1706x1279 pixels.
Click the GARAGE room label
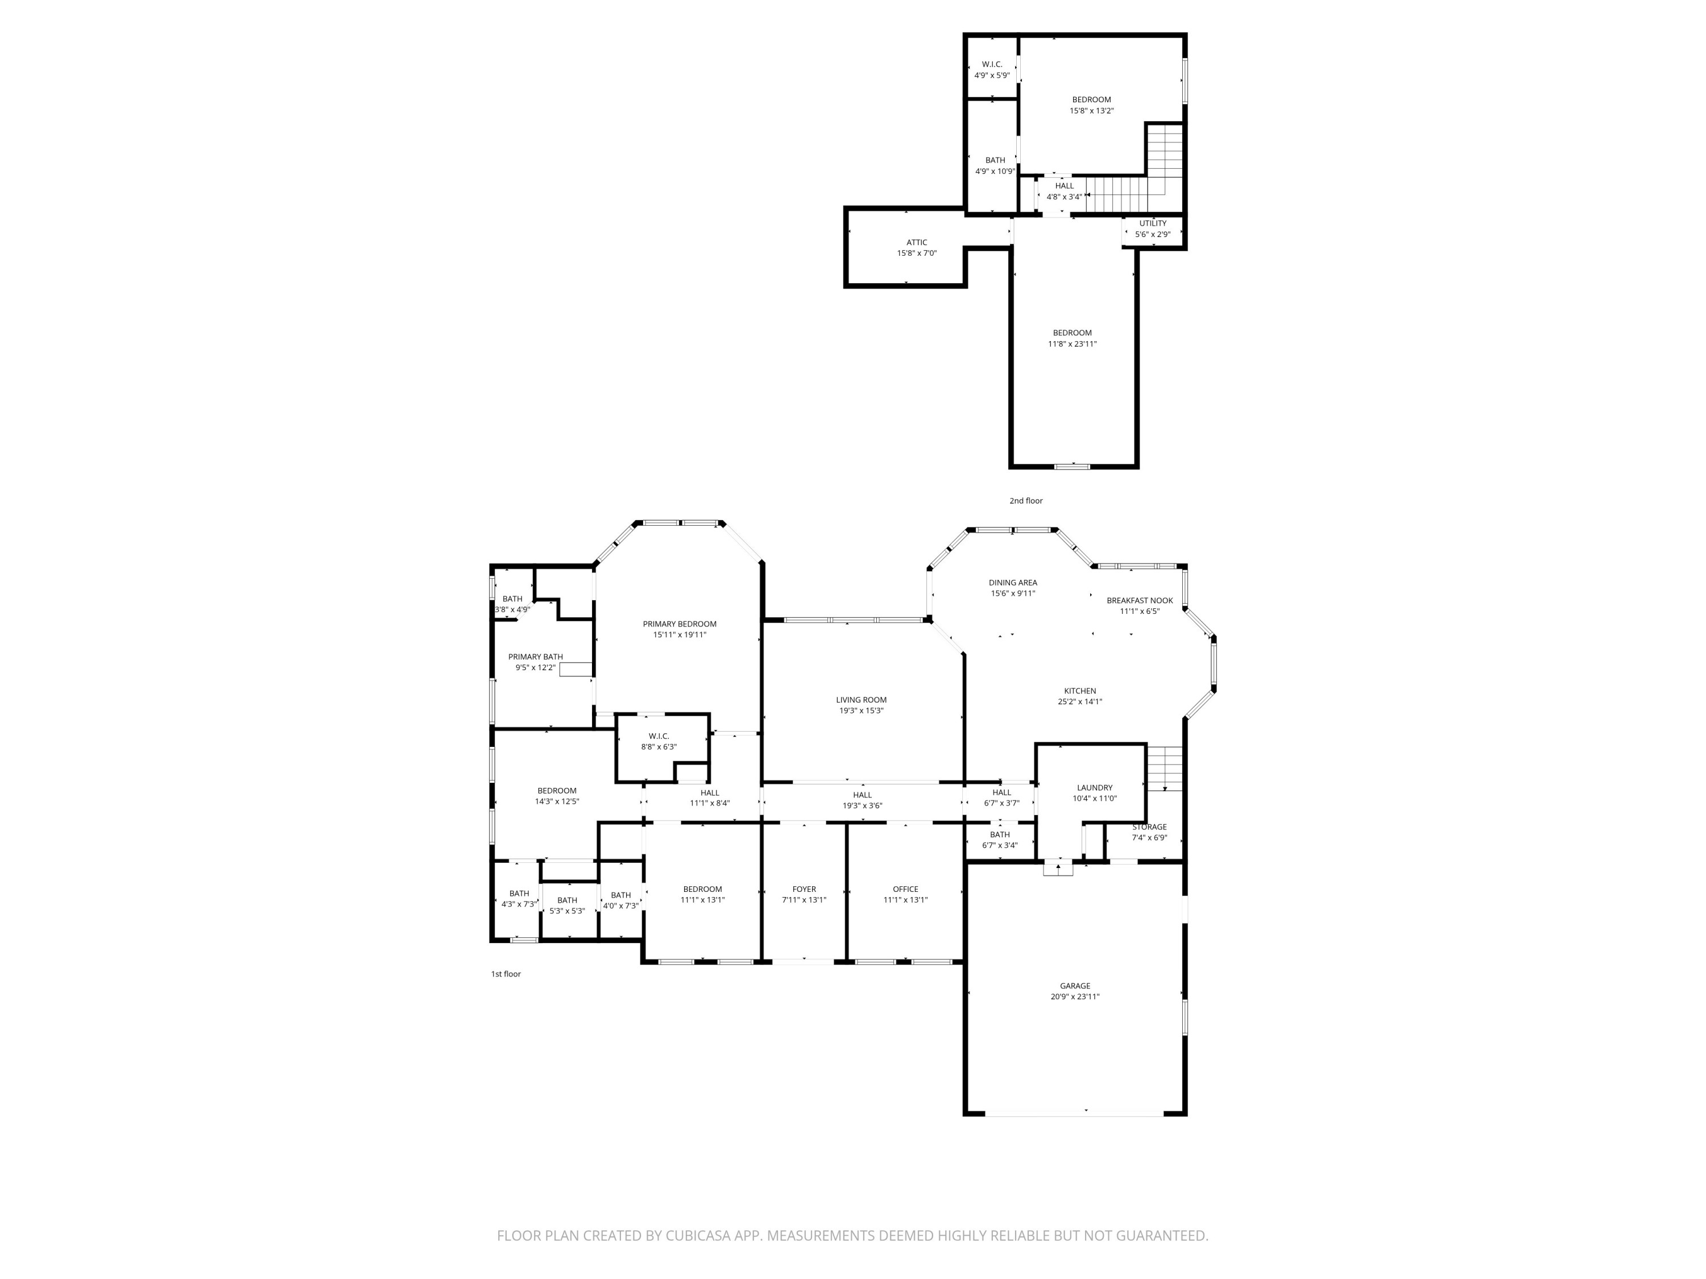coord(1074,985)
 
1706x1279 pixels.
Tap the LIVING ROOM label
coord(861,700)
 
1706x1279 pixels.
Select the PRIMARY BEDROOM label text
coord(680,624)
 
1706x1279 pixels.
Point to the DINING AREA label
coord(1013,583)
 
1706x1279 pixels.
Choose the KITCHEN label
coord(1080,691)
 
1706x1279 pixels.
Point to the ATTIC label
coord(916,242)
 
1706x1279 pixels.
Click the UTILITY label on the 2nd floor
coord(1152,223)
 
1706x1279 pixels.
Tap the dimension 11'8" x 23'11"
coord(1072,344)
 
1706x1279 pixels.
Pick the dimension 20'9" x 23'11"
coord(1074,996)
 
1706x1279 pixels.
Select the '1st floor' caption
coord(506,974)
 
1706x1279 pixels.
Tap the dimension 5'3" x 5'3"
coord(567,911)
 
